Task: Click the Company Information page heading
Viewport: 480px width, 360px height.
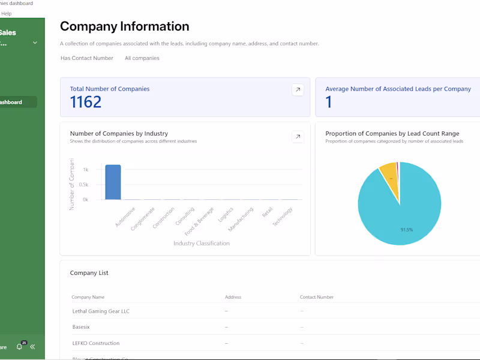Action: click(x=124, y=26)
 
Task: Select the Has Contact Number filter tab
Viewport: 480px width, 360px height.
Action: click(x=87, y=58)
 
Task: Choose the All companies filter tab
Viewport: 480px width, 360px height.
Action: click(x=142, y=58)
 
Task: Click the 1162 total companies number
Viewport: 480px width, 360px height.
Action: click(x=86, y=102)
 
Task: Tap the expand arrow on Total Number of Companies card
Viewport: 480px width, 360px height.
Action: click(x=298, y=89)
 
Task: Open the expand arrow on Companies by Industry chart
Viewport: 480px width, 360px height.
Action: click(x=298, y=137)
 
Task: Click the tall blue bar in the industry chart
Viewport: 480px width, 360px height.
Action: click(x=113, y=182)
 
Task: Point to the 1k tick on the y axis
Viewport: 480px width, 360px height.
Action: click(x=86, y=170)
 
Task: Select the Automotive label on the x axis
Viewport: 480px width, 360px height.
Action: click(x=125, y=217)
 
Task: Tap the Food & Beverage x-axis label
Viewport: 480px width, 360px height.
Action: click(x=200, y=221)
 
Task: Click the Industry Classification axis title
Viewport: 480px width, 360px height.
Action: click(x=202, y=244)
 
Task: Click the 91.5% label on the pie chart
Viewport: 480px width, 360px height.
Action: click(x=406, y=229)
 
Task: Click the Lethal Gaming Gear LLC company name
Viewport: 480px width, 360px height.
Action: click(x=101, y=311)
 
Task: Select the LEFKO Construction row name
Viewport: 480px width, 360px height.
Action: click(x=95, y=343)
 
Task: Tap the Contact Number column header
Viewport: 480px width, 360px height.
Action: click(x=317, y=297)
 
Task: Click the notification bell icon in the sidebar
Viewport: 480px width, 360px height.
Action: click(x=19, y=347)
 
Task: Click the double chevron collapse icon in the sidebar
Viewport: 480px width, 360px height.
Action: click(x=32, y=347)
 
